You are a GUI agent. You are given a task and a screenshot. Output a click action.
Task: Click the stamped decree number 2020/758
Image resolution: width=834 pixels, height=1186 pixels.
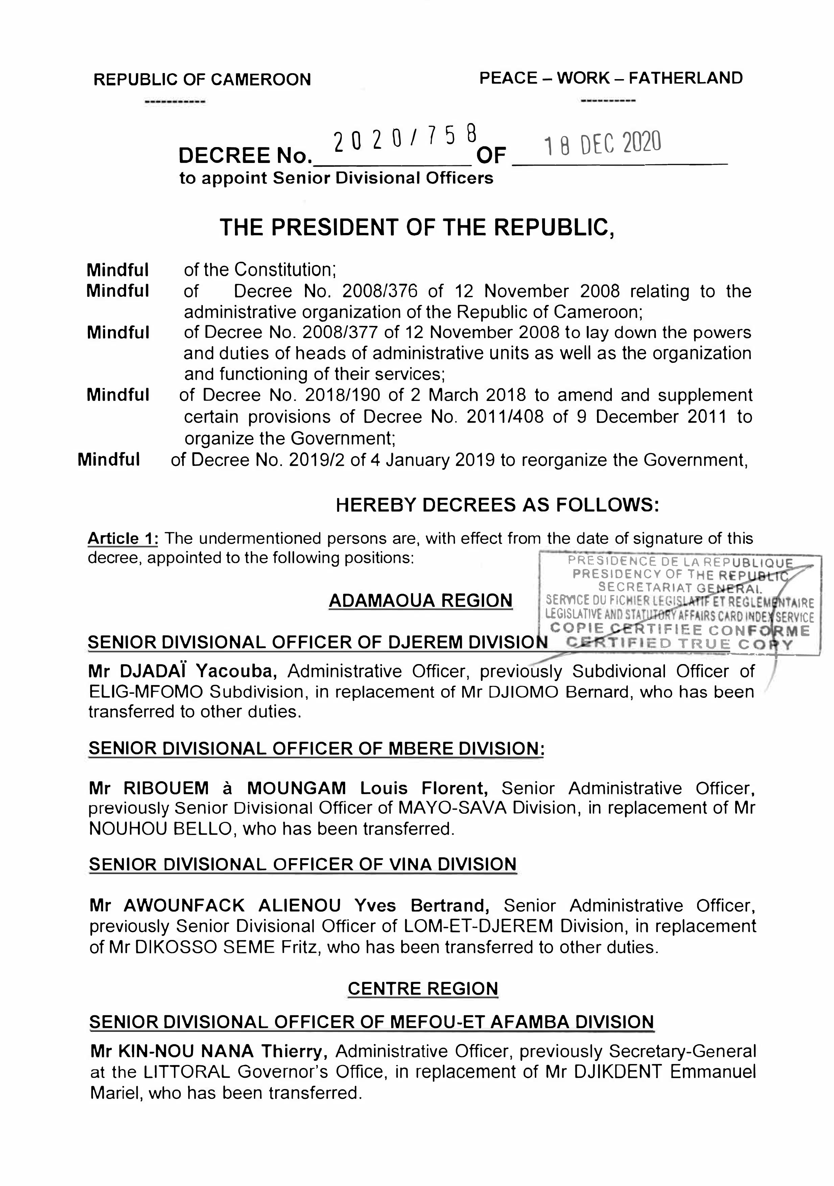coord(405,140)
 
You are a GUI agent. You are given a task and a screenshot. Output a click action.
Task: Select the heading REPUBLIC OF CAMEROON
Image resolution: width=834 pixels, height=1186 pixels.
coord(202,79)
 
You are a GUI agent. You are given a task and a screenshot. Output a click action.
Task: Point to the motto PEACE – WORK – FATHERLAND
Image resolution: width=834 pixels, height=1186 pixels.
coord(611,78)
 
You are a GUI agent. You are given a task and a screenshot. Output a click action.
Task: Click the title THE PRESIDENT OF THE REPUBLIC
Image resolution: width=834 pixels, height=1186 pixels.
coord(417,227)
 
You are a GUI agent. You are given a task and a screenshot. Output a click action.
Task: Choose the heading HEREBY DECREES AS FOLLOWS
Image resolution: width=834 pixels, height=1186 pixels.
coord(497,505)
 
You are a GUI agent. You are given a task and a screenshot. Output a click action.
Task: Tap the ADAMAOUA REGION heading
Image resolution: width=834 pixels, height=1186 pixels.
coord(420,600)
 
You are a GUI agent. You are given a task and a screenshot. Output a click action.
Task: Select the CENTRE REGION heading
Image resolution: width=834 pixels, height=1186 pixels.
coord(423,988)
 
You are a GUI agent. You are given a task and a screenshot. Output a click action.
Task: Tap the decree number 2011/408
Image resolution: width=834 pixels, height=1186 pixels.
coord(505,416)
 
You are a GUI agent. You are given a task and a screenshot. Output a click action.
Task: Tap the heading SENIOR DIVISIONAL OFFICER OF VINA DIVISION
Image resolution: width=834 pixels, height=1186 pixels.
coord(303,864)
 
